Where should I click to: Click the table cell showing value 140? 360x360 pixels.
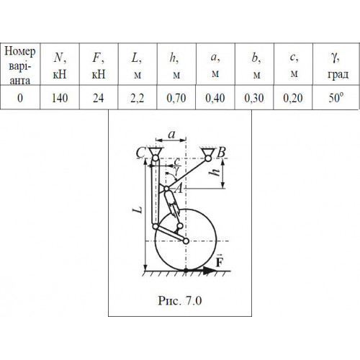point(60,97)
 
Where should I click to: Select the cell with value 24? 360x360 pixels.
point(99,97)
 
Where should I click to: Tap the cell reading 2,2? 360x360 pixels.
point(138,97)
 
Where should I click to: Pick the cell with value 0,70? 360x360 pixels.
point(176,97)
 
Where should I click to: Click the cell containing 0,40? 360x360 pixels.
point(215,97)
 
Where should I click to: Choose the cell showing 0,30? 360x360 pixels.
point(254,97)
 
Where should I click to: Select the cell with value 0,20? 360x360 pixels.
point(293,97)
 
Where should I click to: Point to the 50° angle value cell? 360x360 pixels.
point(336,97)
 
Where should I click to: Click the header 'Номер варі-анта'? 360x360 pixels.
point(20,66)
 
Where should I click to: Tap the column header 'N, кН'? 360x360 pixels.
point(60,66)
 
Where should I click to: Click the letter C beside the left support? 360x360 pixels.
point(141,153)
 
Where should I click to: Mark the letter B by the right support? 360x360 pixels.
point(221,152)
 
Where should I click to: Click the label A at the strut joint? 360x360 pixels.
point(179,189)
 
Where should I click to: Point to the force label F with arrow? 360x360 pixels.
point(219,261)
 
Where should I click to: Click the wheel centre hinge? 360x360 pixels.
point(186,240)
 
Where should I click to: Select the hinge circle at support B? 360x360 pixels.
point(208,158)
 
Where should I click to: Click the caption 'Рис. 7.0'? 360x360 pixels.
point(180,300)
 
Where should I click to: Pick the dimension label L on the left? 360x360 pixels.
point(138,210)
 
